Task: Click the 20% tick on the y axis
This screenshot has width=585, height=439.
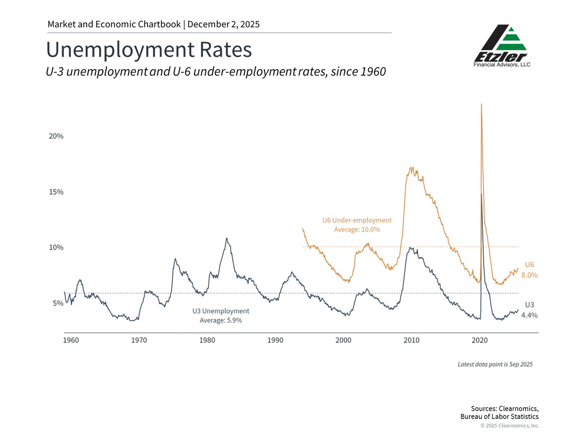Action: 56,136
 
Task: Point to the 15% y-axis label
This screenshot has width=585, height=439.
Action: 56,192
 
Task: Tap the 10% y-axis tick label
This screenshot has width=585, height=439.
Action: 56,247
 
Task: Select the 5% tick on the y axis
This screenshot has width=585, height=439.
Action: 57,303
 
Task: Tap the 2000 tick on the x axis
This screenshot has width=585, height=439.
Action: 344,339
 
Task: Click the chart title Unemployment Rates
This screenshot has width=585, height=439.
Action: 149,50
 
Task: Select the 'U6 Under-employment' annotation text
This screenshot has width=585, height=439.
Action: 357,220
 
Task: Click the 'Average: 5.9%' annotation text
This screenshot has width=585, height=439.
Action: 221,320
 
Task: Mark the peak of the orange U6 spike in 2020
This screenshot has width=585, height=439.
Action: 482,104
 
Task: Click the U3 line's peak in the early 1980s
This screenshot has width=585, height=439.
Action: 227,239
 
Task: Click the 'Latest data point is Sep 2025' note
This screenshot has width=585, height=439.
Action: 495,364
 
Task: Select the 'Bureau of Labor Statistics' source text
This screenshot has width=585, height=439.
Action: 500,417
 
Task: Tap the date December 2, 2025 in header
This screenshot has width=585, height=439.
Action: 224,24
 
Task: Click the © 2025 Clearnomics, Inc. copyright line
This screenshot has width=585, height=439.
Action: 510,426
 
